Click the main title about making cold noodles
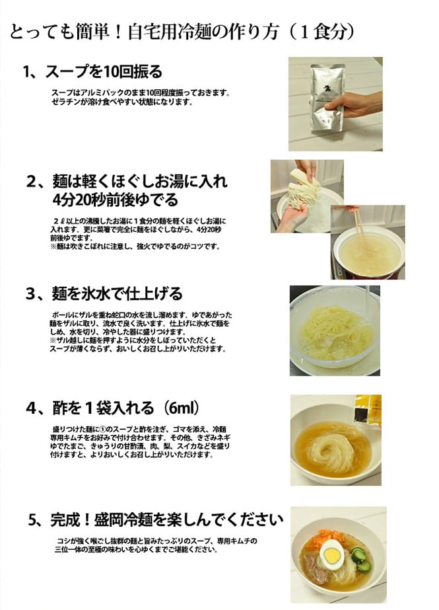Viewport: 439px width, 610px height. (x=182, y=32)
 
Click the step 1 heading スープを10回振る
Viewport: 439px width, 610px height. (x=104, y=71)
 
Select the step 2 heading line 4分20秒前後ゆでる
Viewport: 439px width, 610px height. (x=116, y=200)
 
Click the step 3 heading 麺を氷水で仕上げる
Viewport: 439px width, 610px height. (x=117, y=293)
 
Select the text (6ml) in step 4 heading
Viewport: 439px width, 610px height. (x=180, y=408)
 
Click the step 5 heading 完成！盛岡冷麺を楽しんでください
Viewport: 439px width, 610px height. (x=167, y=519)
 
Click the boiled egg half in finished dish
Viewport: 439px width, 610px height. (x=331, y=552)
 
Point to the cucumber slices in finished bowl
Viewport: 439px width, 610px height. (x=361, y=558)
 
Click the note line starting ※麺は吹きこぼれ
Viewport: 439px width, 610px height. (x=135, y=247)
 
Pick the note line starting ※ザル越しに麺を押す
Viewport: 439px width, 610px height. (x=133, y=340)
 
